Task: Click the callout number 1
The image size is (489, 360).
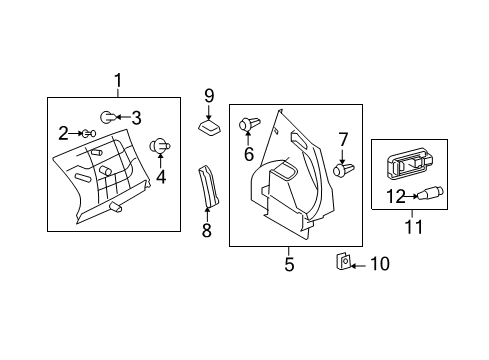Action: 118,81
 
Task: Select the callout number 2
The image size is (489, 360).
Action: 63,132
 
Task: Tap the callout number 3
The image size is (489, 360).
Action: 137,117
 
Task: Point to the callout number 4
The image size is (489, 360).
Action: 158,180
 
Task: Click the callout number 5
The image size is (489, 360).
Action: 289,265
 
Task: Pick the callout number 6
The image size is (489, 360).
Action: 248,153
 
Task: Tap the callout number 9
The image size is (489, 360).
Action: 210,96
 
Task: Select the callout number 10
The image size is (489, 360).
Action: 379,264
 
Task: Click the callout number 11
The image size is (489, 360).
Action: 413,227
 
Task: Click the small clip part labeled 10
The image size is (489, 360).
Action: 341,263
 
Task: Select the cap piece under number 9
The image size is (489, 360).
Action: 209,129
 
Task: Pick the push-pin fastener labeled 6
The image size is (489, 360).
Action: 248,125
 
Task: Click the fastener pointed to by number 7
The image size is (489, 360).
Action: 342,171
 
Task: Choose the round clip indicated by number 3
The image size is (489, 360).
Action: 110,117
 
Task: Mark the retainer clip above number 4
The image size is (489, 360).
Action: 158,148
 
